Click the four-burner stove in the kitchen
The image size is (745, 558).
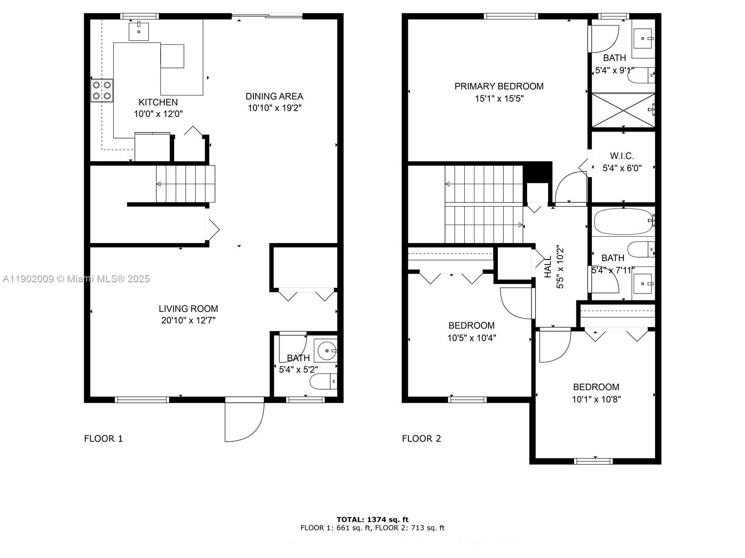coord(102,91)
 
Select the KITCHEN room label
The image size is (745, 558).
coord(158,102)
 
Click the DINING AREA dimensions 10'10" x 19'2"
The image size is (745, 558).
coord(274,108)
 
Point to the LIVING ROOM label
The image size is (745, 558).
coord(188,308)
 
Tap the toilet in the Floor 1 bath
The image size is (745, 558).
coord(323,382)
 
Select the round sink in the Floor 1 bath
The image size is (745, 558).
coord(327,350)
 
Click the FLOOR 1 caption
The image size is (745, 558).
coord(103,438)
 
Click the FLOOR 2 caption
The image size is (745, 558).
coord(421,438)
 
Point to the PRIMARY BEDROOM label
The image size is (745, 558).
coord(499,86)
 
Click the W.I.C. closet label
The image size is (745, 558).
coord(622,156)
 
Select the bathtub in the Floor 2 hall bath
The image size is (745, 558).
coord(623,221)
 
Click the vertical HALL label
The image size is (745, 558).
coord(548,267)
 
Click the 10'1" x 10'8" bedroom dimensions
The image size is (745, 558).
coord(596,399)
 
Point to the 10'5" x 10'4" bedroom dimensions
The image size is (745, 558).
coord(472,338)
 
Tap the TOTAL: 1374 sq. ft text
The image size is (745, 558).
coord(372,519)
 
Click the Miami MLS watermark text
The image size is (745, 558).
coord(76,279)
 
